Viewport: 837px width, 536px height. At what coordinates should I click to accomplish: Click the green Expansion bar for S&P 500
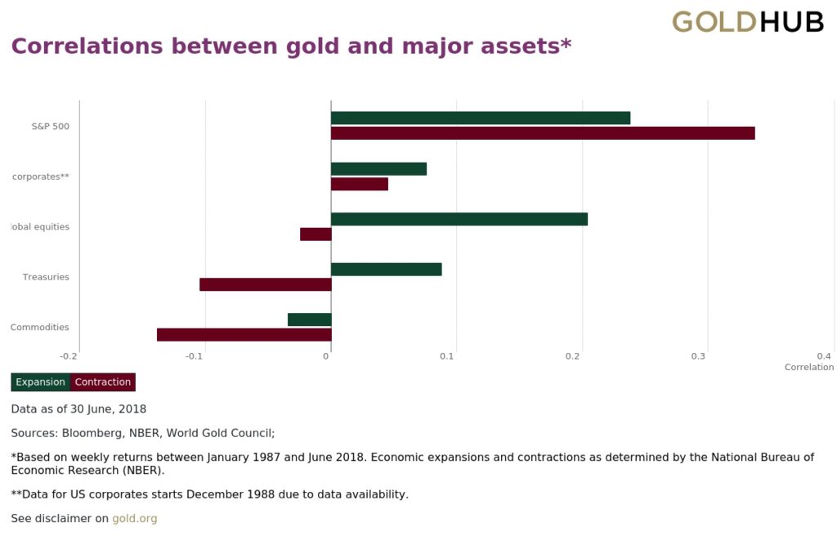tap(480, 118)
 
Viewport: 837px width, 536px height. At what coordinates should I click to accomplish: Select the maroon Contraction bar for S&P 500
tap(542, 133)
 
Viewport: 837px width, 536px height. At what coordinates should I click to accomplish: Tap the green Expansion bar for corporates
tap(378, 169)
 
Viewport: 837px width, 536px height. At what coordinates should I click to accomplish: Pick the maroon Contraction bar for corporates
tap(359, 184)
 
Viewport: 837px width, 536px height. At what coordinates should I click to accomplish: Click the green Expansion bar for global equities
tap(459, 219)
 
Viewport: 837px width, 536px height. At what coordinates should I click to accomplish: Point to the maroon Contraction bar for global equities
tap(316, 234)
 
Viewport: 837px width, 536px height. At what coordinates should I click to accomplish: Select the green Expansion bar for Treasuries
tap(386, 270)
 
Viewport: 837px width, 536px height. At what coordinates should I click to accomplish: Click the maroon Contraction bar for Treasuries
tap(265, 284)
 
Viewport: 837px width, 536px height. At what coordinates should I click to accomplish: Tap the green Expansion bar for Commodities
tap(309, 319)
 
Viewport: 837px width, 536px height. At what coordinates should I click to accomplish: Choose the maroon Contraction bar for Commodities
tap(244, 334)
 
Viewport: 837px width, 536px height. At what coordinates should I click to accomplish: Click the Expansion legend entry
tap(40, 382)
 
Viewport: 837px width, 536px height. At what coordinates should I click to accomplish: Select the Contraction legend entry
tap(103, 382)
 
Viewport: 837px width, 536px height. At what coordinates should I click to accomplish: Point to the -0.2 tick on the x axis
tap(69, 356)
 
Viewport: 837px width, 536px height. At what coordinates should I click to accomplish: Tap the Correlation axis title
tap(808, 368)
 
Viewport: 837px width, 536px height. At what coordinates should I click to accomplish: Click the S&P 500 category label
tap(50, 127)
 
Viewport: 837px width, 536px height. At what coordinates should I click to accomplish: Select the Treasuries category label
tap(46, 277)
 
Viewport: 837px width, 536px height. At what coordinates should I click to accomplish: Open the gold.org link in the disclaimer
tap(134, 518)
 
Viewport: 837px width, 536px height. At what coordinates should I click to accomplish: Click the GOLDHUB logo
tap(747, 22)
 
